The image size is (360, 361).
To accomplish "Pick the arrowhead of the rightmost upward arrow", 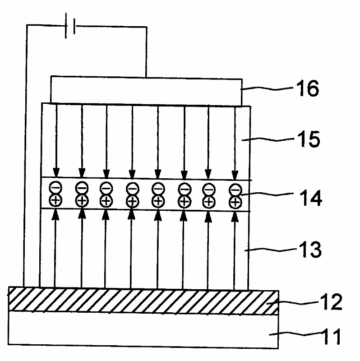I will [x=235, y=215].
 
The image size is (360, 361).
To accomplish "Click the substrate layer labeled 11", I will [x=135, y=332].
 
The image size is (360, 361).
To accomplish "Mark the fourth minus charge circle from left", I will [x=132, y=188].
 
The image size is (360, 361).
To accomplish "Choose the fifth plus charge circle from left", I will [x=158, y=201].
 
